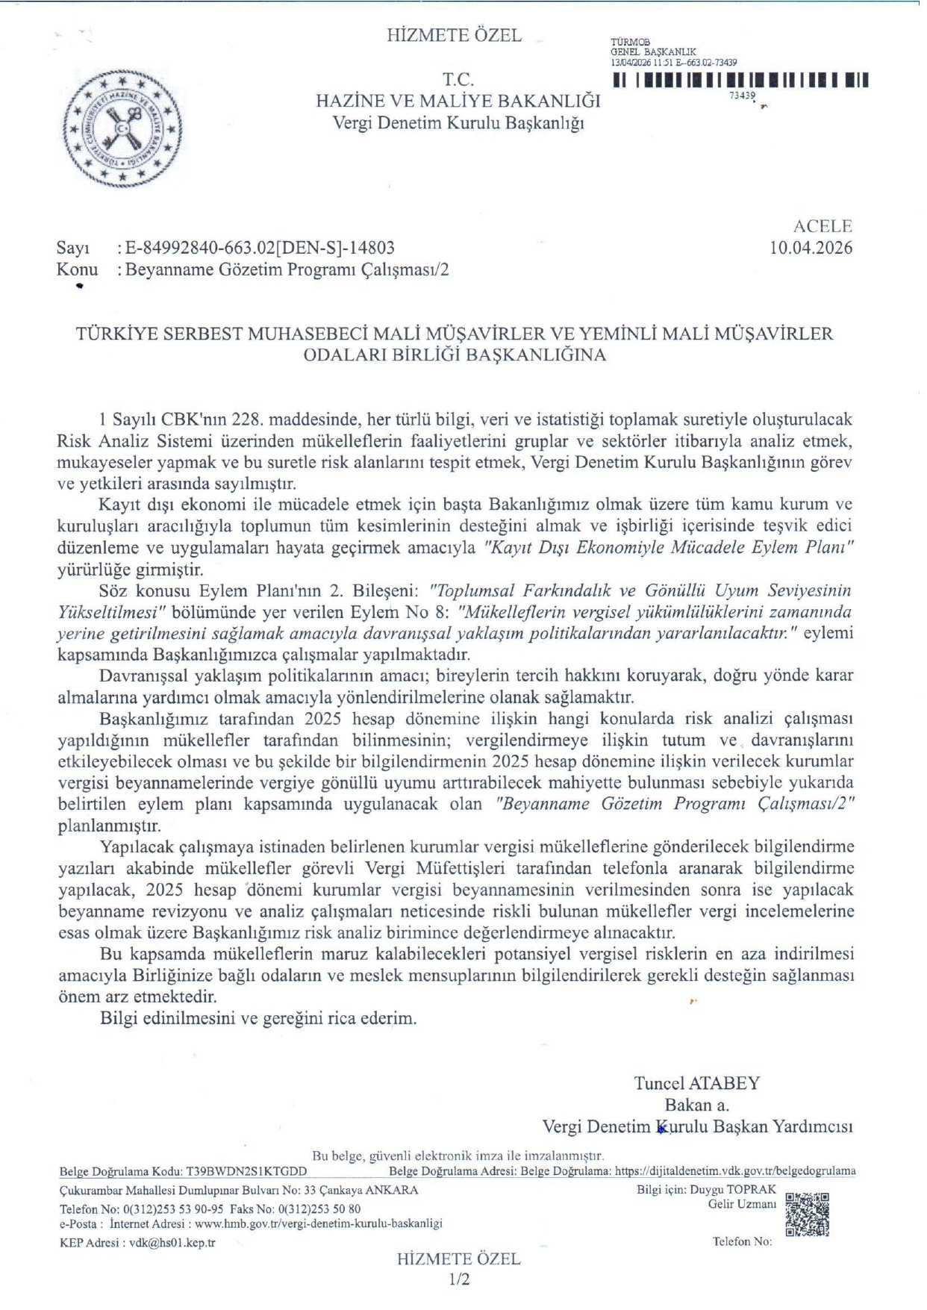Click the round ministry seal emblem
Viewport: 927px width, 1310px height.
coord(122,128)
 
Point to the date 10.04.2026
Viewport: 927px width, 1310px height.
coord(811,248)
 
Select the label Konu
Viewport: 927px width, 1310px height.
coord(77,269)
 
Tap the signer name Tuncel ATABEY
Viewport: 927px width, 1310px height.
coord(697,1083)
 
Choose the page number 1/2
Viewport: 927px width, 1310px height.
coord(459,1280)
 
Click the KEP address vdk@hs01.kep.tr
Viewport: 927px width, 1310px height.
coord(172,1243)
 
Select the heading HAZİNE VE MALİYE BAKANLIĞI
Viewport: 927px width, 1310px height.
coord(458,101)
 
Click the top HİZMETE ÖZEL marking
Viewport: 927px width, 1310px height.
coord(454,35)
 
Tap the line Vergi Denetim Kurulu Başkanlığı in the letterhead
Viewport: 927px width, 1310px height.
coord(458,122)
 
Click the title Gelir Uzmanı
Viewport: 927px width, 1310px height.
coord(742,1204)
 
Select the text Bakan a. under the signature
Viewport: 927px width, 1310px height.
coord(697,1105)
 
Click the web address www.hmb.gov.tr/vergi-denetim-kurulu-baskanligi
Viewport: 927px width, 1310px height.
coord(319,1223)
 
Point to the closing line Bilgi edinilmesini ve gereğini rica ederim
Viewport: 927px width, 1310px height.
coord(258,1018)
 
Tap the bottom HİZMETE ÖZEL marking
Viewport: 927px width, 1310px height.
coord(458,1259)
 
